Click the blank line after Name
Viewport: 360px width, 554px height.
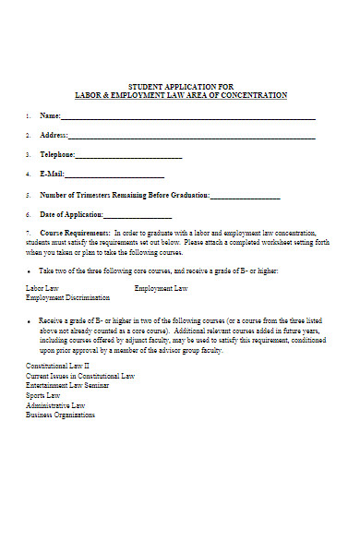[188, 118]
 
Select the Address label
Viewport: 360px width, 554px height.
[53, 136]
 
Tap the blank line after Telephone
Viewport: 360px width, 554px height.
[128, 156]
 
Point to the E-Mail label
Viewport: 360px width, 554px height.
[52, 175]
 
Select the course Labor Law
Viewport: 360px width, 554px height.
[42, 289]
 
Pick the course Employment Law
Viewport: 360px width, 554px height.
[162, 289]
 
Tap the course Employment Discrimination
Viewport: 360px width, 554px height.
[67, 298]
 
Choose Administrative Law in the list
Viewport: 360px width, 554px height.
[55, 405]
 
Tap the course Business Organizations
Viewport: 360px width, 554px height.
[60, 415]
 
